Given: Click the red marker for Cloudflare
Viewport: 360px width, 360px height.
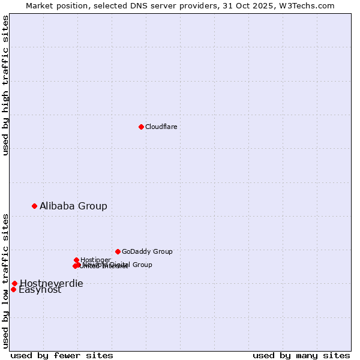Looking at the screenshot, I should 141,127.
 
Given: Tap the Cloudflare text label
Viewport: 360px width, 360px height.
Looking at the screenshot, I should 161,127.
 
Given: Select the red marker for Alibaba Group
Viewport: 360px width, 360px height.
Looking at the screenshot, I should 34,206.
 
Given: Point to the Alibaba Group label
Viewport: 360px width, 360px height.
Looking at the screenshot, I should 73,206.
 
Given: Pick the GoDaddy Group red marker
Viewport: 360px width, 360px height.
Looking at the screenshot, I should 118,251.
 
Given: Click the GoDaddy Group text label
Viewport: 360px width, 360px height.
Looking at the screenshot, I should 147,251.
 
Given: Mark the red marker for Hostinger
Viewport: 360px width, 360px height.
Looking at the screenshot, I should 76,260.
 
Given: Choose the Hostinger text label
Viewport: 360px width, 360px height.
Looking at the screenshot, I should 95,259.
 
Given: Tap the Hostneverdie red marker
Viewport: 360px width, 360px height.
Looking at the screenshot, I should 14,283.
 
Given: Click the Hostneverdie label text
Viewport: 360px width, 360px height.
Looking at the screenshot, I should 52,283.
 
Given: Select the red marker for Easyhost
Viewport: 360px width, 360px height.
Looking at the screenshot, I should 13,289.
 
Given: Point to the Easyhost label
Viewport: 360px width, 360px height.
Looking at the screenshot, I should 40,290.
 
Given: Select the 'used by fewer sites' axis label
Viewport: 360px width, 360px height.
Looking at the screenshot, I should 62,355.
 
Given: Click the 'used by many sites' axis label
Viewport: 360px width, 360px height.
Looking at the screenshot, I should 301,355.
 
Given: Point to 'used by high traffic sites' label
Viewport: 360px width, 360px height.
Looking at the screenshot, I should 5,85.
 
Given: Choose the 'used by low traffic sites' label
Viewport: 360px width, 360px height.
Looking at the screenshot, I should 5,281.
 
